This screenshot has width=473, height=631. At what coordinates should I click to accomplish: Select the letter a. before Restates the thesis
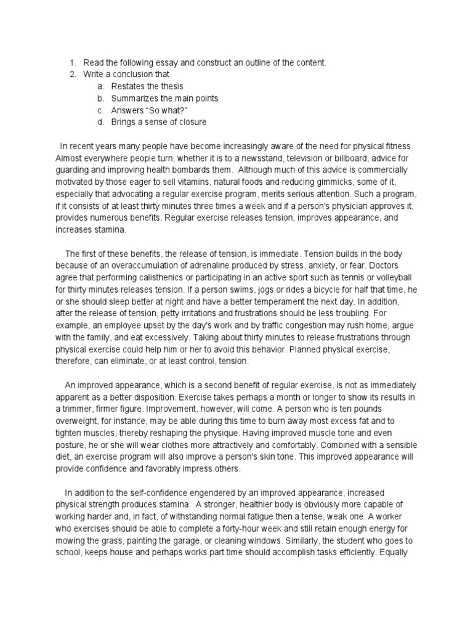coord(100,86)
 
